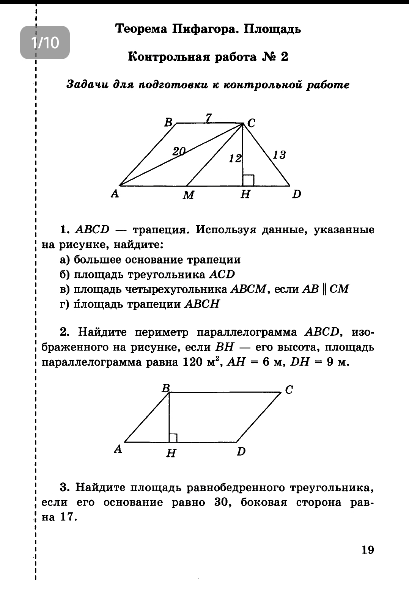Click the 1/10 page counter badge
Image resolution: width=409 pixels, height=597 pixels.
click(x=45, y=43)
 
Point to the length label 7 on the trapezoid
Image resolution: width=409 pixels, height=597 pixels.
click(x=208, y=118)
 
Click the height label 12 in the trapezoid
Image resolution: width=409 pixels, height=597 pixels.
click(x=235, y=158)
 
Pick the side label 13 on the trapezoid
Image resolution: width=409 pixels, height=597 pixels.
click(x=279, y=155)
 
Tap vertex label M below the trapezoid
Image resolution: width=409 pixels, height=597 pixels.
click(x=188, y=195)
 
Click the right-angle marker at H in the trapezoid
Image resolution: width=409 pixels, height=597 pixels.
click(x=248, y=181)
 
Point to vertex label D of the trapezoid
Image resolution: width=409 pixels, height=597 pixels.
click(x=296, y=195)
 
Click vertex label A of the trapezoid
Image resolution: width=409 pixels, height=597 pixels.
click(x=115, y=194)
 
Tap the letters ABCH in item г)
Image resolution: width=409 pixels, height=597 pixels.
click(x=201, y=304)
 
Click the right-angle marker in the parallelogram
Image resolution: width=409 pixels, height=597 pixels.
click(x=173, y=438)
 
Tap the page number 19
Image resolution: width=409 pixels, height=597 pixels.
click(x=368, y=550)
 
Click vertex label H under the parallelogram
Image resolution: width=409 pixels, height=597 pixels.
click(x=171, y=452)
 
